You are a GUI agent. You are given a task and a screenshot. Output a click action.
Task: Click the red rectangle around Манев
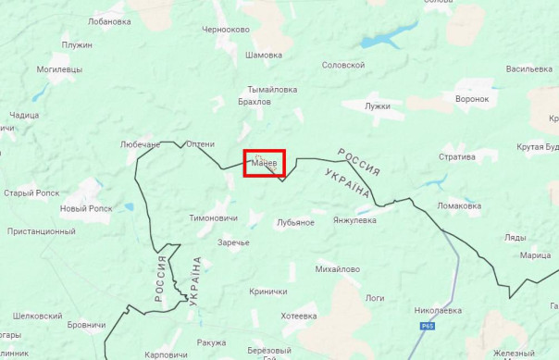[x=264, y=163]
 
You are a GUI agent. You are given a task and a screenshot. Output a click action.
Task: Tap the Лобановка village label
[x=108, y=21]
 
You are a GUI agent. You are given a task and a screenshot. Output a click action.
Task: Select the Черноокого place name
[x=226, y=30]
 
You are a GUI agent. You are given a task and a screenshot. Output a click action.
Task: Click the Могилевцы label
[x=58, y=69]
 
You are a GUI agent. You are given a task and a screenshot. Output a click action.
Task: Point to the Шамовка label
[x=263, y=55]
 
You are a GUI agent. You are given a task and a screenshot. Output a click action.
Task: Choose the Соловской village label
[x=342, y=65]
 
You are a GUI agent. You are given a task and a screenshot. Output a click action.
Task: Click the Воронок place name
[x=472, y=98]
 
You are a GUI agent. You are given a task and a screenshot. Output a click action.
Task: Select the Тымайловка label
[x=272, y=90]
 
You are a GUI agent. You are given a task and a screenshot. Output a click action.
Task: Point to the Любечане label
[x=141, y=144]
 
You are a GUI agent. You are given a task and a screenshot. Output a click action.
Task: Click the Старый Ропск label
[x=31, y=192]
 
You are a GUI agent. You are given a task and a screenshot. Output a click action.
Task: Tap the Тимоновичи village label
[x=214, y=217]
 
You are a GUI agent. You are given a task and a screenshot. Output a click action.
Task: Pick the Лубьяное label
[x=295, y=222]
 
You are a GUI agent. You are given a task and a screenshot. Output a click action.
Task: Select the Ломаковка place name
[x=460, y=205]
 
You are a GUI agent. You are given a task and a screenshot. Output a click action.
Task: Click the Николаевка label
[x=438, y=310]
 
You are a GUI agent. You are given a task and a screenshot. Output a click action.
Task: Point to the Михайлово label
[x=337, y=268]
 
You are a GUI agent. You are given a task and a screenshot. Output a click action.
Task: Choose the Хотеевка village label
[x=298, y=316]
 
